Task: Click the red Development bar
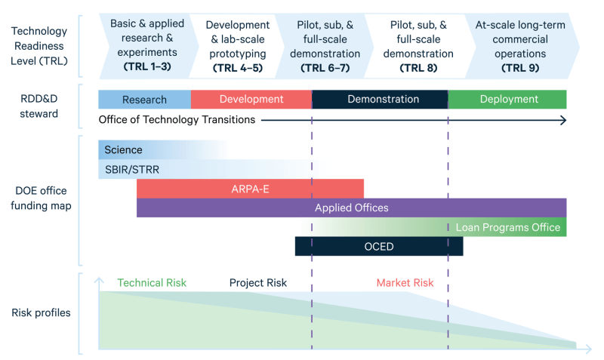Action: coord(251,100)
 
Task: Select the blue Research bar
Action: coord(144,100)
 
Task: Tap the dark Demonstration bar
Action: coord(380,100)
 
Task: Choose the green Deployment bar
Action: coord(507,100)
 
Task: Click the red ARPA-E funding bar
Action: coord(251,189)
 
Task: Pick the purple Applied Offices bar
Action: coord(352,208)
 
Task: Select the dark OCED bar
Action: coord(379,247)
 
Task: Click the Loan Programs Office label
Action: coord(507,227)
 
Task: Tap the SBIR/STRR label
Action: coord(131,169)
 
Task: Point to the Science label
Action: coord(123,149)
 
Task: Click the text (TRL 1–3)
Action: coord(147,66)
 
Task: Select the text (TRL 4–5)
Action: coord(238,68)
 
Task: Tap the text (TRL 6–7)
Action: coord(325,68)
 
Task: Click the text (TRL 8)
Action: coord(418,68)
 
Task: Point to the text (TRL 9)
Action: coord(520,68)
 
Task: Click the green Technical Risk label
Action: coord(152,283)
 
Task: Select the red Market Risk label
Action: coord(405,283)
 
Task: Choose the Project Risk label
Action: coord(258,283)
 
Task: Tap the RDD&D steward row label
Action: coord(39,106)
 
